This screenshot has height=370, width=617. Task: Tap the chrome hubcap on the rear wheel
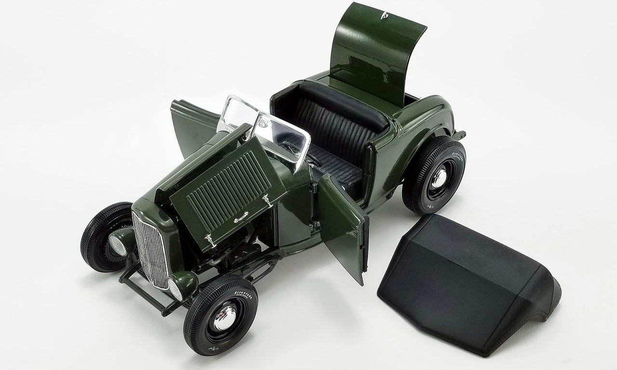[x=438, y=179]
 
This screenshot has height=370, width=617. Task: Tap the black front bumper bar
[x=145, y=289]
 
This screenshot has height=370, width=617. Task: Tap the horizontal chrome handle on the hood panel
[x=241, y=218]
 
